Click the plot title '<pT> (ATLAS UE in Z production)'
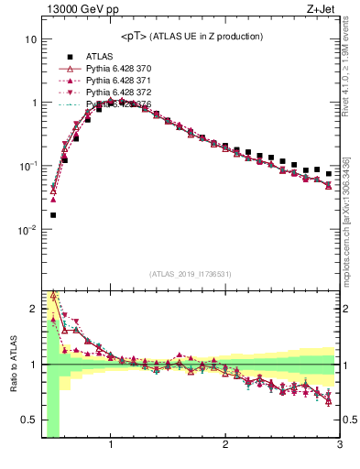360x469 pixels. tap(191, 36)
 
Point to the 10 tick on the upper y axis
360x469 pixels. tap(29, 40)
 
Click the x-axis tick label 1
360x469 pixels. tap(111, 446)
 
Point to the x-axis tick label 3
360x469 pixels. tap(338, 446)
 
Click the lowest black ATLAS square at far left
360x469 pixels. tap(53, 215)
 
